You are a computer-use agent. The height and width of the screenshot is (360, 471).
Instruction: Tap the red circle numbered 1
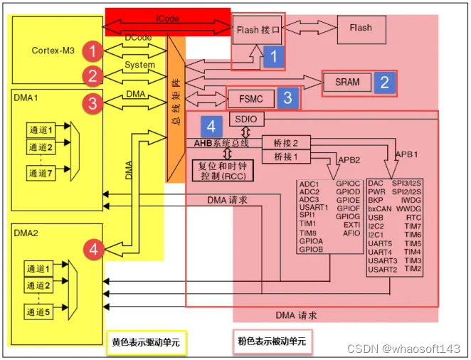point(92,51)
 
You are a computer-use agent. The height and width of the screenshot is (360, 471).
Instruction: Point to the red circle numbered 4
point(94,249)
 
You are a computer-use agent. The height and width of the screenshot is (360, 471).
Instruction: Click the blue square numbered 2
point(384,82)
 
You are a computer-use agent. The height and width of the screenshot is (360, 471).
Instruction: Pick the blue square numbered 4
point(211,126)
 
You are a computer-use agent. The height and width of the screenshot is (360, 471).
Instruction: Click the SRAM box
point(347,82)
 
